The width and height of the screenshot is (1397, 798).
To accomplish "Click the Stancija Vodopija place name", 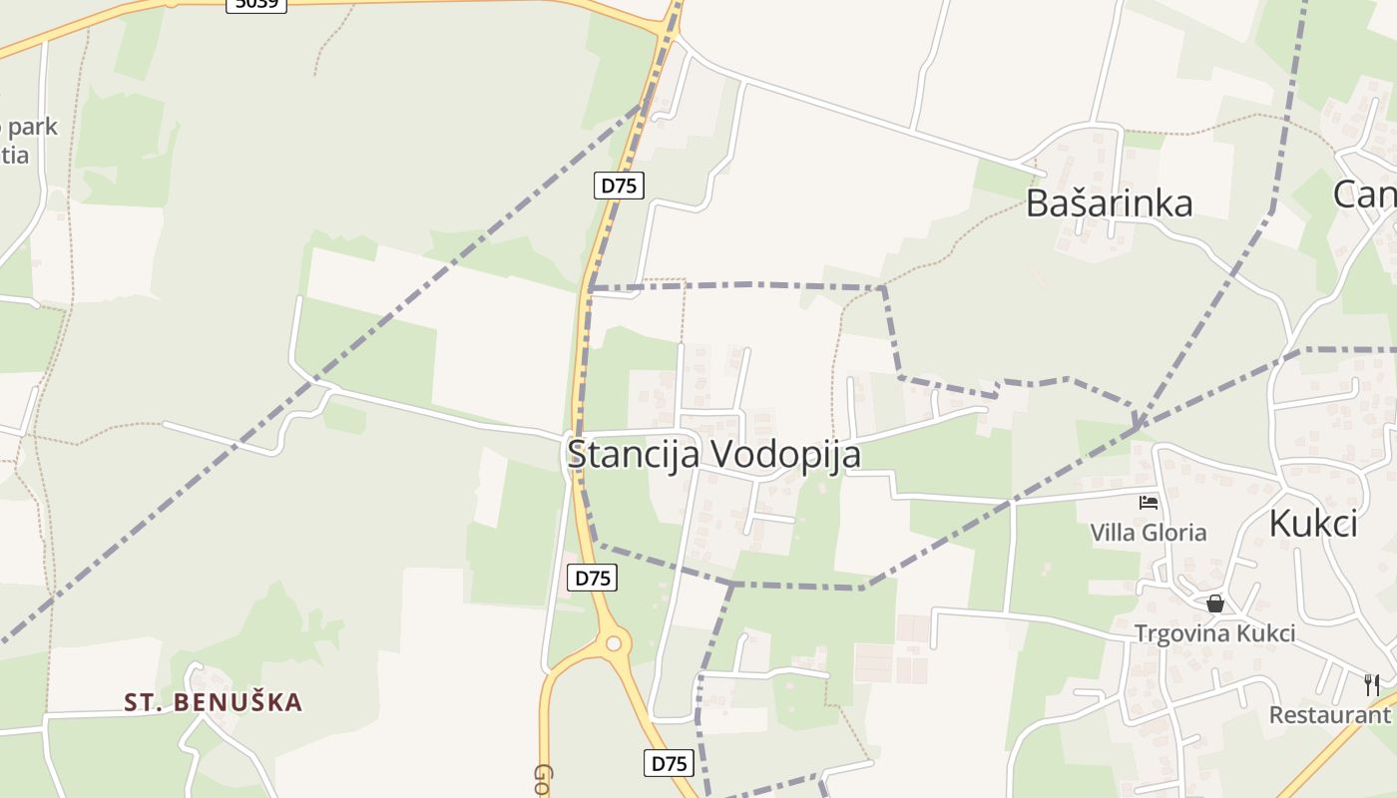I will coord(713,454).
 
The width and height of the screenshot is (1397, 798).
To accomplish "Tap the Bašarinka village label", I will coord(1109,203).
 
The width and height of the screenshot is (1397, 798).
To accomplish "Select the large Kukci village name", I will coord(1313,523).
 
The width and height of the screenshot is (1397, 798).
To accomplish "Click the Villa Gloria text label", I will coord(1148,533).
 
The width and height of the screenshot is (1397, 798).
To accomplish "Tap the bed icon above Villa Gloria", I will coord(1149,503).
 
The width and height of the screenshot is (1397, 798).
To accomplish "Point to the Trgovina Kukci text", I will coord(1214,633).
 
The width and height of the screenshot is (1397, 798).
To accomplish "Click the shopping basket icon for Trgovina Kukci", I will coord(1214,603).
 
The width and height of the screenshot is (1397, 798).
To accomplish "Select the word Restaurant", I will coord(1329,714).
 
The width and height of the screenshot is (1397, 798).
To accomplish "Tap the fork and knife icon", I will coord(1372,684).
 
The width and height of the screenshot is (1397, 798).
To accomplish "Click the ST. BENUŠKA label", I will coord(213,702).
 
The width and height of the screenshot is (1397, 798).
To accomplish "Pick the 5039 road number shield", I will coord(256,4).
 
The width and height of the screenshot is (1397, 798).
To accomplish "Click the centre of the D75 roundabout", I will coord(613,643).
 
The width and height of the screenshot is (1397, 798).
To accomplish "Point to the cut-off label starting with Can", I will coord(1364,195).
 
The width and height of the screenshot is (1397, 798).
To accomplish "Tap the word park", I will coord(30,128).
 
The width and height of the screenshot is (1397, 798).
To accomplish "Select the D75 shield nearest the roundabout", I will coord(593,578).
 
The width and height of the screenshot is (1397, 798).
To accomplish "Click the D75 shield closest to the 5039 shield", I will coord(619,185).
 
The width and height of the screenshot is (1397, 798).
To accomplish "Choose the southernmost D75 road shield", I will coord(669,763).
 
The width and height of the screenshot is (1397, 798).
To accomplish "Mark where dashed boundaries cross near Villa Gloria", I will coord(1136,429).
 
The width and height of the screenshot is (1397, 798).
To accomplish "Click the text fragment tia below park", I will coord(15,156).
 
